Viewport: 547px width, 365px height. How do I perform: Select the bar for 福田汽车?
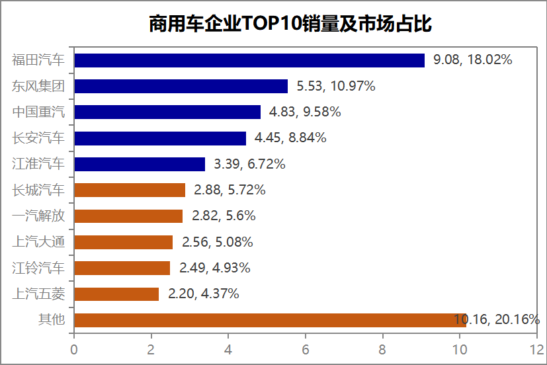249,60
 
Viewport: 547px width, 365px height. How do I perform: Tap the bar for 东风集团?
181,86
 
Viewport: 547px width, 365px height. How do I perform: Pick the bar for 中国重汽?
167,112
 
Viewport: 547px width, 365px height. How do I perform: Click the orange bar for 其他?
271,320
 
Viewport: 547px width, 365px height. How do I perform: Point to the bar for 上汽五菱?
116,294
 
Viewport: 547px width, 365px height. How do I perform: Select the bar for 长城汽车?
130,190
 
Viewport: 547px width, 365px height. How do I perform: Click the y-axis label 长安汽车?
39,138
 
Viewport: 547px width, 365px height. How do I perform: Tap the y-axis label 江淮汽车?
39,164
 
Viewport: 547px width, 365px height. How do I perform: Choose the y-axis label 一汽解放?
39,216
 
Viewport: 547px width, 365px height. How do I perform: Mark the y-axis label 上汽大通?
39,242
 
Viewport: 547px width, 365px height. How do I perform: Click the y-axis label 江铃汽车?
39,268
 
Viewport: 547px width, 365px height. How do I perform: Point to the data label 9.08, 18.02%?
473,60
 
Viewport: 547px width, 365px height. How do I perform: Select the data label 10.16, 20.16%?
497,320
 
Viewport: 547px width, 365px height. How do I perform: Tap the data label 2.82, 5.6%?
224,216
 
